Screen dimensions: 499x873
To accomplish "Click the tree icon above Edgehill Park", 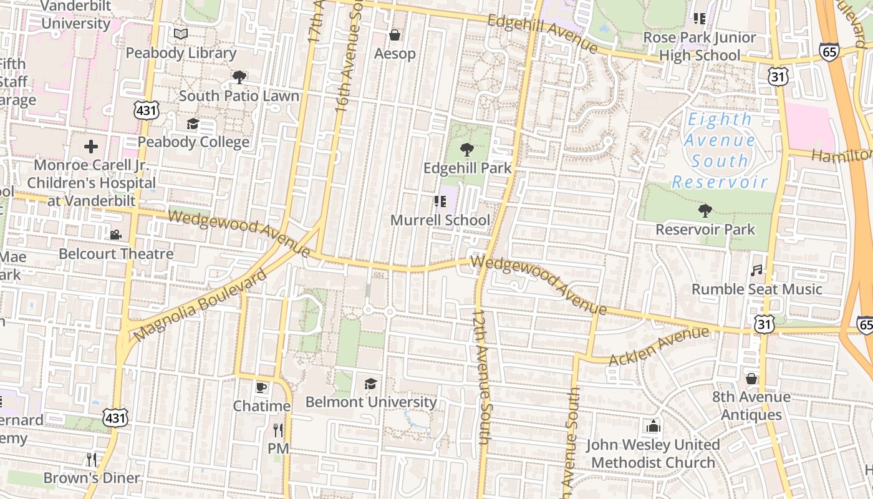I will (x=466, y=150).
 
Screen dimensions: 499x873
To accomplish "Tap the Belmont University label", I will (x=371, y=402).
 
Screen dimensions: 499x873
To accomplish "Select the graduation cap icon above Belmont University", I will (x=371, y=384).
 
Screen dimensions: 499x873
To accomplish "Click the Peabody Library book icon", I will (x=181, y=34).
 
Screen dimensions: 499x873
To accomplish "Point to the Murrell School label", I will (x=440, y=220).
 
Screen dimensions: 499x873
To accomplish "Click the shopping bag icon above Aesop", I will (x=395, y=35).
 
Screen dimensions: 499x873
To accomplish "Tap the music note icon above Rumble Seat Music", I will (x=756, y=271).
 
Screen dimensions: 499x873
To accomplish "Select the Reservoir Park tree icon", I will (x=705, y=211).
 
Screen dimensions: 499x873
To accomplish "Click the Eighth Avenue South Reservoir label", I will (x=720, y=150).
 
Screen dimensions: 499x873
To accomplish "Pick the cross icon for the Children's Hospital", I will (x=91, y=147).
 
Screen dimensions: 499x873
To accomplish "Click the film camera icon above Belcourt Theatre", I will (x=115, y=235).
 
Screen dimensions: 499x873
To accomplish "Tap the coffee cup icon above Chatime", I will (x=261, y=387).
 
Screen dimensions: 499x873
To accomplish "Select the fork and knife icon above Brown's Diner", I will (x=92, y=460).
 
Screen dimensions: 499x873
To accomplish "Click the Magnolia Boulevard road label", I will (x=200, y=306).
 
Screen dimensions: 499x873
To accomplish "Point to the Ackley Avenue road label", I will (x=658, y=346).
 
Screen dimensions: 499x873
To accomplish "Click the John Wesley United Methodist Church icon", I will (x=654, y=426).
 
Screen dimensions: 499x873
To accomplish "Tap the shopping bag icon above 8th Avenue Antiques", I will (x=751, y=379).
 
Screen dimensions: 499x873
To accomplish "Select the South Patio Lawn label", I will (x=239, y=96).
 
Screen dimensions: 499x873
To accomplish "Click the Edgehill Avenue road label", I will (x=543, y=33).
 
